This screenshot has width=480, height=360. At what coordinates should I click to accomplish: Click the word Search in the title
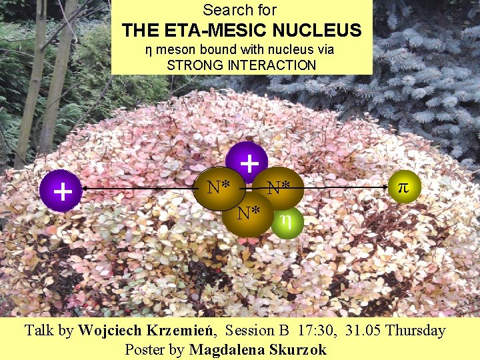coord(221,10)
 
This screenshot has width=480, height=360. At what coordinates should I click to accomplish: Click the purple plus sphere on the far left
coord(62,191)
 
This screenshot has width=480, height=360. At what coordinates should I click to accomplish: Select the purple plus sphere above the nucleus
coord(247,161)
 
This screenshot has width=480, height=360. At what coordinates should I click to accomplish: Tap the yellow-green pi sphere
coord(402,187)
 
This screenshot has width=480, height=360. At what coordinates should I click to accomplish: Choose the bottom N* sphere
coord(248,213)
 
